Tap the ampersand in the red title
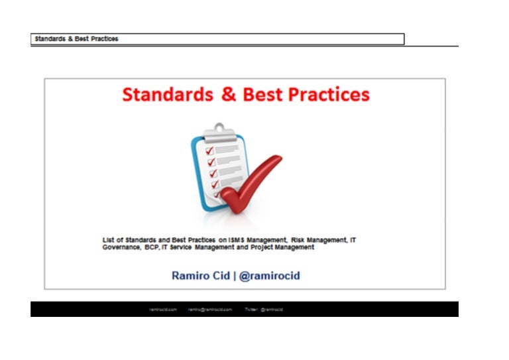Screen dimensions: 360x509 click(x=229, y=95)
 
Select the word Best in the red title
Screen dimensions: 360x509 click(x=264, y=95)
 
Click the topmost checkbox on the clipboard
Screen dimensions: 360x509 click(x=211, y=151)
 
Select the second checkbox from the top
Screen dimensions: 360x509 click(x=211, y=162)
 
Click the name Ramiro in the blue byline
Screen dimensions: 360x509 click(x=192, y=275)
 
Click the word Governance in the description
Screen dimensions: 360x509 click(x=121, y=247)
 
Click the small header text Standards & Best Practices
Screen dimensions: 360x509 click(x=77, y=39)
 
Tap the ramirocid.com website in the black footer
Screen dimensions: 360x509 click(x=163, y=310)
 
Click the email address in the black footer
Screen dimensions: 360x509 click(x=209, y=310)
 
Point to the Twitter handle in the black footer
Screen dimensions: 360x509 click(x=264, y=310)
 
